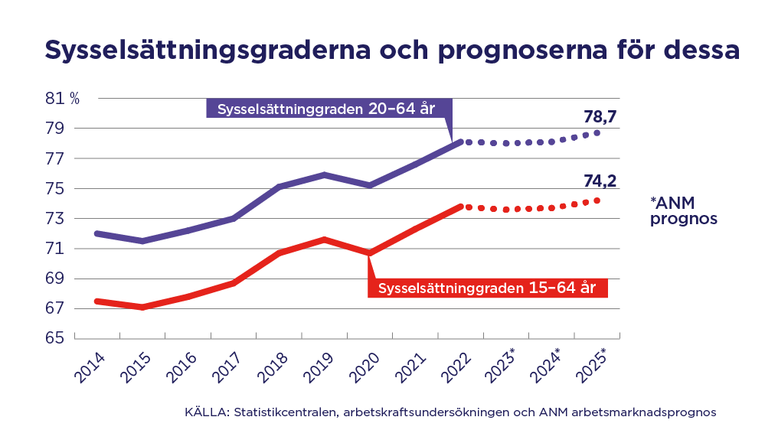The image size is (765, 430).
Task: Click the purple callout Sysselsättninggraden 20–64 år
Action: coord(327,109)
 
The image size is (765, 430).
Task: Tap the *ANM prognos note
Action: coord(683,210)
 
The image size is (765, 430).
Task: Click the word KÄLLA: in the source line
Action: coord(207,412)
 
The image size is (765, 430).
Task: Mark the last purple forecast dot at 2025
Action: coord(597,133)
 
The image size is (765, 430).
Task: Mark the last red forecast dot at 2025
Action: coord(597,200)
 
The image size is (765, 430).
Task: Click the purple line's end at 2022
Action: coord(459,142)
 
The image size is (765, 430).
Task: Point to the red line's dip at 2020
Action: coord(370,252)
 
